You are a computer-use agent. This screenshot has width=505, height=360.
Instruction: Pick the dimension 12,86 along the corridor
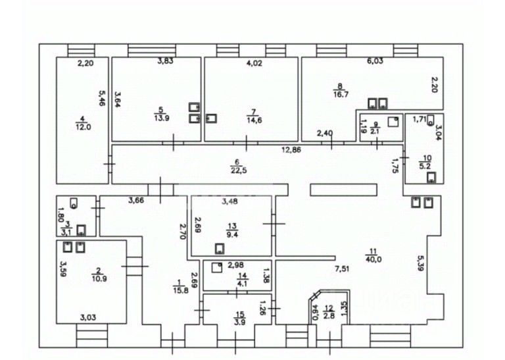coord(293,150)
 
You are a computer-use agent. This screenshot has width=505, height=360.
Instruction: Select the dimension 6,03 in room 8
coord(375,61)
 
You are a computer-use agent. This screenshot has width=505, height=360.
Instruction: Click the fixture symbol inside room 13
coord(219,249)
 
